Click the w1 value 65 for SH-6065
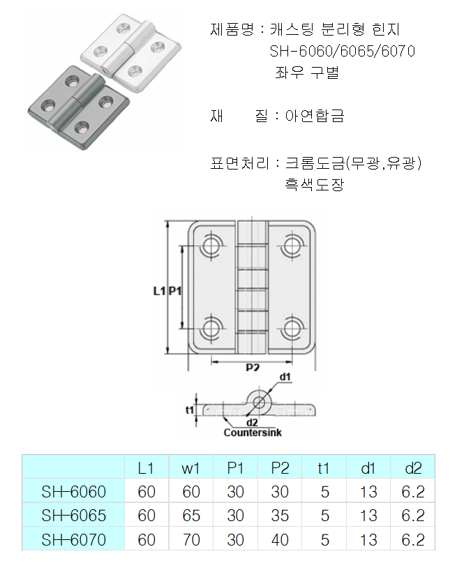(190, 516)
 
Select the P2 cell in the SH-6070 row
(279, 539)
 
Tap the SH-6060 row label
(73, 492)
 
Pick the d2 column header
(413, 467)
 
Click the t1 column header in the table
(324, 467)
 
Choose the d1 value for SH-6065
(368, 516)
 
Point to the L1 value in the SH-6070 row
(147, 539)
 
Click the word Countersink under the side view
(252, 433)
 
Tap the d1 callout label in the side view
(285, 377)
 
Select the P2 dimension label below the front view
(253, 368)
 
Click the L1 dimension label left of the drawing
(158, 291)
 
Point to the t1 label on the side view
(189, 410)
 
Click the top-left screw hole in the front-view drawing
(210, 245)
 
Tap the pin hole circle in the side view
(260, 401)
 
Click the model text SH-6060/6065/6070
(342, 52)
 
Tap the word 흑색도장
(314, 185)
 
